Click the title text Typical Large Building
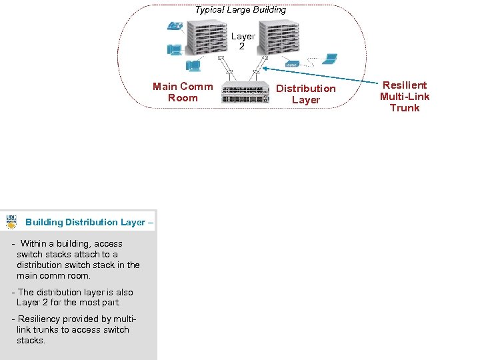pos(240,10)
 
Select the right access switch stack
pos(279,38)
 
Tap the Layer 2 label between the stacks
pos(243,41)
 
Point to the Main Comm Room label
pos(183,92)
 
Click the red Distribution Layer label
pos(306,94)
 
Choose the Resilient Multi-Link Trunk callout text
pos(405,97)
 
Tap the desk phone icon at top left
pos(175,27)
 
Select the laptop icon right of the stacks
pos(329,59)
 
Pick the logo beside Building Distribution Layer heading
pos(11,222)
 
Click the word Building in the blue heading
pos(44,222)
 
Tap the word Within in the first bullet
pos(34,244)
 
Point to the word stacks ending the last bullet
pos(31,341)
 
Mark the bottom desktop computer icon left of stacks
pos(193,65)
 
